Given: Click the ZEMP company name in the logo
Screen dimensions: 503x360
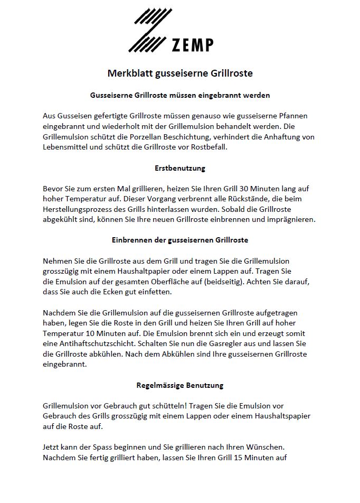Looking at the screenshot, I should click(x=193, y=45).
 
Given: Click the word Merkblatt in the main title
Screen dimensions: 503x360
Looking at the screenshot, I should click(x=130, y=73).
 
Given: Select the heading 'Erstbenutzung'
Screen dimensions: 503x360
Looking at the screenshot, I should click(x=179, y=169).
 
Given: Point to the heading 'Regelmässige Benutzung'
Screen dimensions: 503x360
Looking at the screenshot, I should click(x=180, y=385).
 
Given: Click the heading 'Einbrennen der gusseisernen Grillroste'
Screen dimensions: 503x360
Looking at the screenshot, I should click(x=180, y=240).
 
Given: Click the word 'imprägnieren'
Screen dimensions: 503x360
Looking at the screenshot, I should click(x=291, y=219).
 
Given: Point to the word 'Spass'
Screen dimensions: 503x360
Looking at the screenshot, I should click(x=107, y=447).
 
